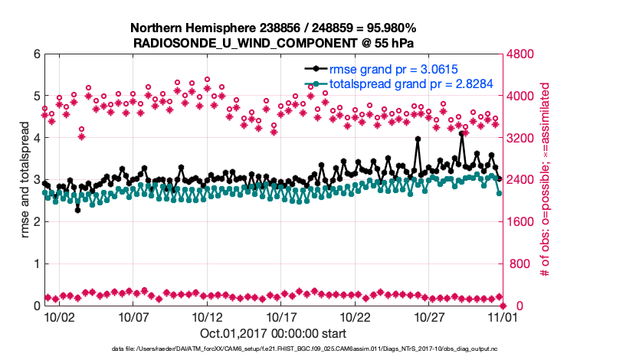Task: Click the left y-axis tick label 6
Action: point(36,54)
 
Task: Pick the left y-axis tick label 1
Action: point(36,264)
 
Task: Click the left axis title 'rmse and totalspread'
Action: point(25,180)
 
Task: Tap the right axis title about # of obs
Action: point(546,180)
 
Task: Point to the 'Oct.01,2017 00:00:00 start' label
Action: point(273,333)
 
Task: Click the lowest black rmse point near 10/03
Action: point(77,209)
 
